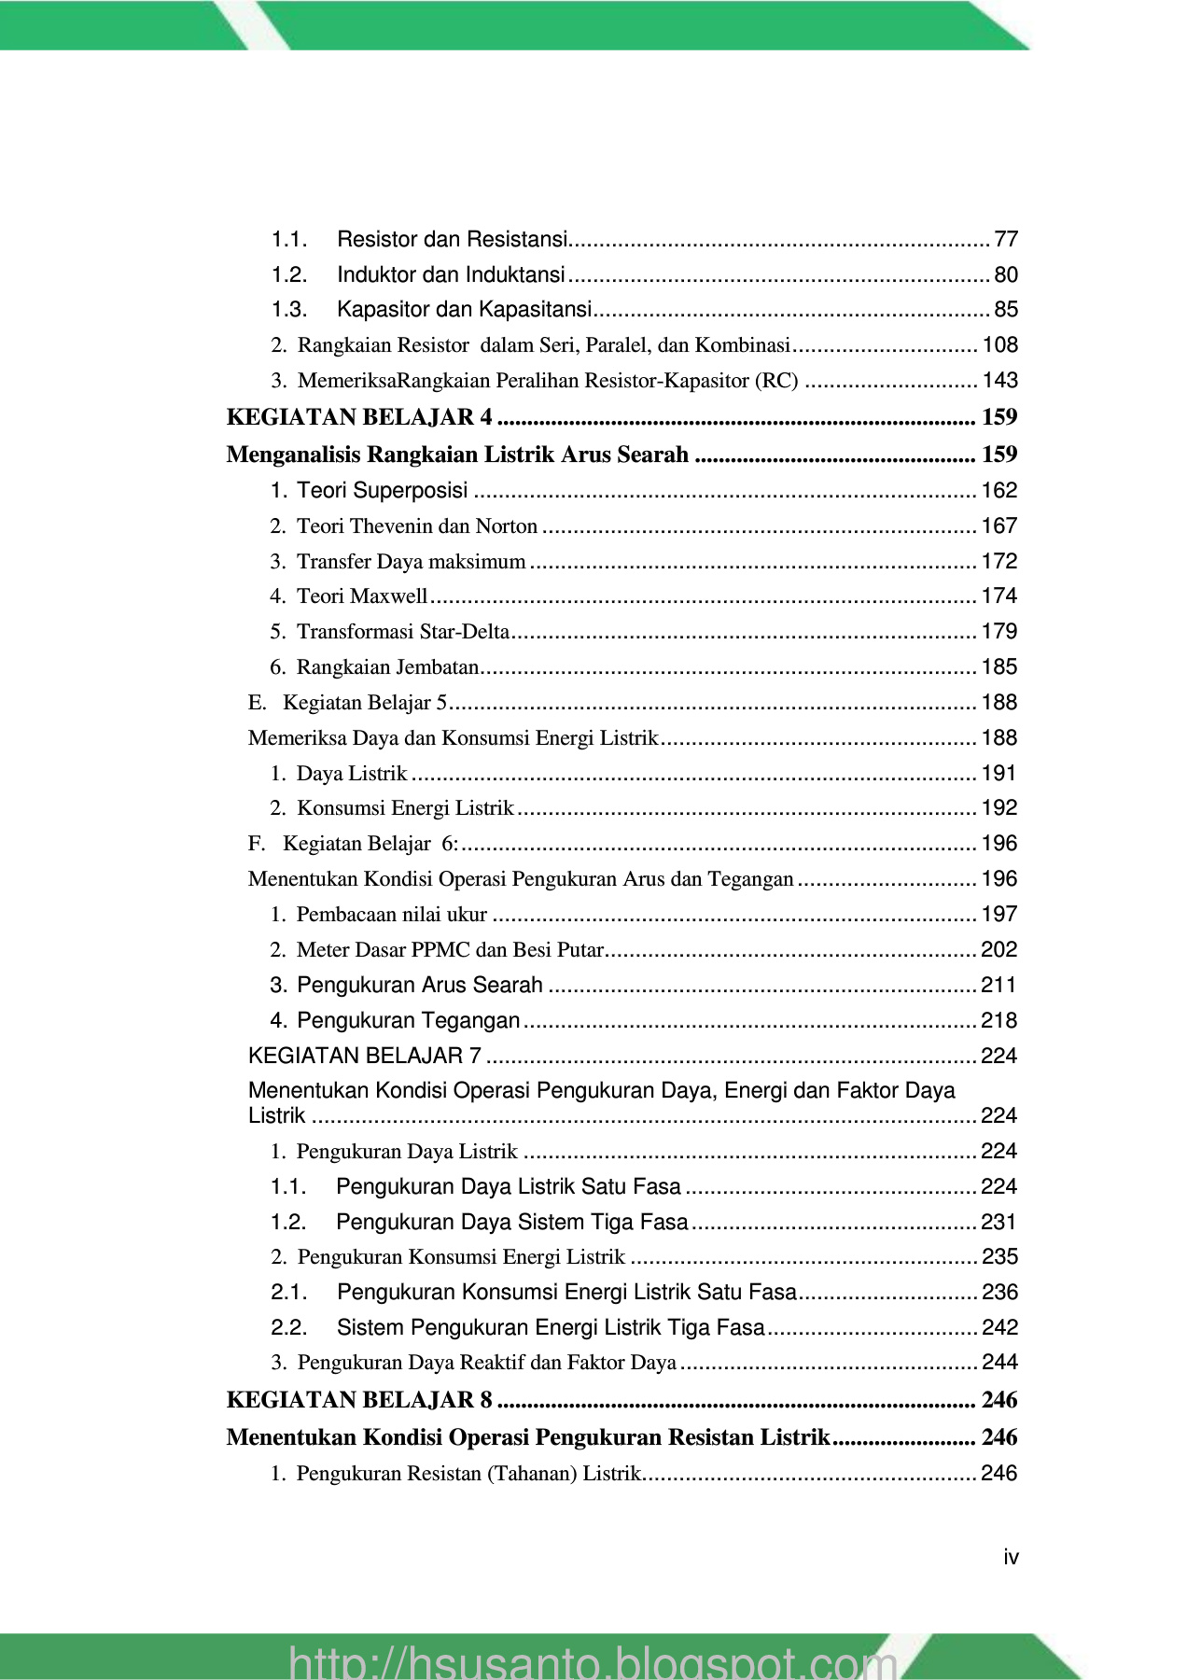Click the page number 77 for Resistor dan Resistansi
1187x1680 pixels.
click(1006, 240)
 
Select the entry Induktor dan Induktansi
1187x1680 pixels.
click(451, 275)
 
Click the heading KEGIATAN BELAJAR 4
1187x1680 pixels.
click(359, 417)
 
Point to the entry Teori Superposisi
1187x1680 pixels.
click(382, 491)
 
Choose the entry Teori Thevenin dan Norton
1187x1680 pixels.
click(416, 526)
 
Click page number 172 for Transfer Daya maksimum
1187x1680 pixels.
click(998, 562)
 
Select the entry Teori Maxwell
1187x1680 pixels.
click(361, 596)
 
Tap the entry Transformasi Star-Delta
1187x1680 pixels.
click(402, 632)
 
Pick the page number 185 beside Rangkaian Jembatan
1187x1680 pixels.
click(998, 667)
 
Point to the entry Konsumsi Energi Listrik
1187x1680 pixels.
click(404, 808)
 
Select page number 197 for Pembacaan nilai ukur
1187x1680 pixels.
click(998, 915)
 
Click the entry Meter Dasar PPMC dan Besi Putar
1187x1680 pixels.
click(450, 950)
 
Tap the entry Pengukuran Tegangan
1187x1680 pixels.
click(408, 1021)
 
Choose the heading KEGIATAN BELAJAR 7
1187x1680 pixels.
click(365, 1057)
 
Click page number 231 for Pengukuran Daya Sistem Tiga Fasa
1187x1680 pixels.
click(998, 1223)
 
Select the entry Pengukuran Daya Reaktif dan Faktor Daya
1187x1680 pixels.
click(486, 1363)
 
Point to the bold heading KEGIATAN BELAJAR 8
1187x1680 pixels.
click(359, 1400)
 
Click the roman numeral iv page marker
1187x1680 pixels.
click(1011, 1557)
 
